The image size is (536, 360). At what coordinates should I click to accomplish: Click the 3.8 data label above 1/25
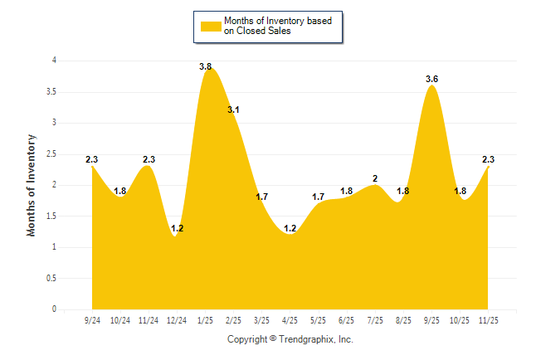[206, 66]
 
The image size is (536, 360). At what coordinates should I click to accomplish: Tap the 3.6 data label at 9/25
[431, 79]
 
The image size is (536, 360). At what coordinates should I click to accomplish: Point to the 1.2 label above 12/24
[176, 228]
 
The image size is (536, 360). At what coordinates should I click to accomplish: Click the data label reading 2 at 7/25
[375, 178]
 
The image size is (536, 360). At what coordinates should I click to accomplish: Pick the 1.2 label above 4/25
[290, 228]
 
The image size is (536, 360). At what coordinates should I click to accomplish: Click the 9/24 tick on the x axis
[92, 320]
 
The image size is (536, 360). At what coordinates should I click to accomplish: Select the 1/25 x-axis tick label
[206, 320]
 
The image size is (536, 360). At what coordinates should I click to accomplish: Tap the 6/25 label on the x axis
[347, 320]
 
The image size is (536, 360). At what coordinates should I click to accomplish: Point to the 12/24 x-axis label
[177, 320]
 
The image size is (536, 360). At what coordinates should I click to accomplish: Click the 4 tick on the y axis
[54, 61]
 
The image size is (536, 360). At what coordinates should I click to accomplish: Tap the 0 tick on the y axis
[54, 309]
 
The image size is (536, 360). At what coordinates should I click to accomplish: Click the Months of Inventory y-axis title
[32, 185]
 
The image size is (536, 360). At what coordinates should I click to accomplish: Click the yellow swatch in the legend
[211, 26]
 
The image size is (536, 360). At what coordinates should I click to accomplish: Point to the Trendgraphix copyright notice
[290, 339]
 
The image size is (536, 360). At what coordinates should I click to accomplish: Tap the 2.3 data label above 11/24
[149, 159]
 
